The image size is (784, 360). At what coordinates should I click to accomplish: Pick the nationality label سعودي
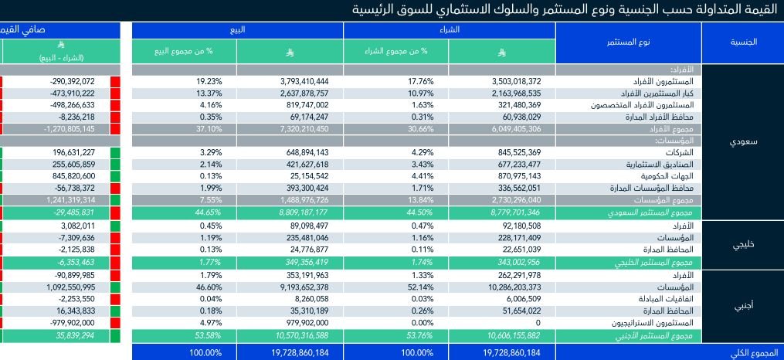(742, 143)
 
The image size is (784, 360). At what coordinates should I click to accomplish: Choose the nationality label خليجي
(742, 244)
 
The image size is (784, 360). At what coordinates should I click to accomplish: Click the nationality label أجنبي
(742, 304)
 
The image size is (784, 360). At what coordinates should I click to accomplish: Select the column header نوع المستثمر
(627, 42)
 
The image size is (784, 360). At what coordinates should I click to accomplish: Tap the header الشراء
(449, 30)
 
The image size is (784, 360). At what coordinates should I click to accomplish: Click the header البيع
(237, 30)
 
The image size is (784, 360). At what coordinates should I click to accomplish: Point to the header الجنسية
(742, 42)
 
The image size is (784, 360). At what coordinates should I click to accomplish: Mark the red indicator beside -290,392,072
(116, 81)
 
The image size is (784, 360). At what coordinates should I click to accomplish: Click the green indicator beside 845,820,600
(116, 176)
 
